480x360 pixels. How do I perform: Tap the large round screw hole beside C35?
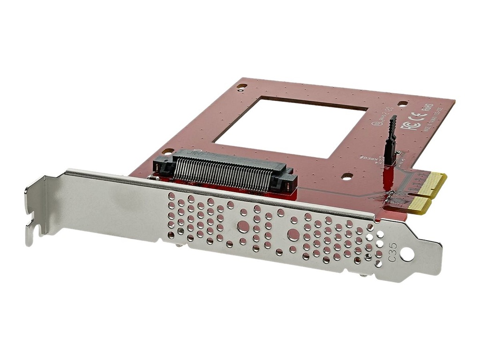407,255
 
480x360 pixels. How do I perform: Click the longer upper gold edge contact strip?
431,183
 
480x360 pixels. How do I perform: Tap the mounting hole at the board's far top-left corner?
242,86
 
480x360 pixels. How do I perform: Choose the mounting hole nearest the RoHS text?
402,104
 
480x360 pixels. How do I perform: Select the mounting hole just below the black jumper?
347,176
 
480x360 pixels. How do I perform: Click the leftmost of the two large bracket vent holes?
243,226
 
